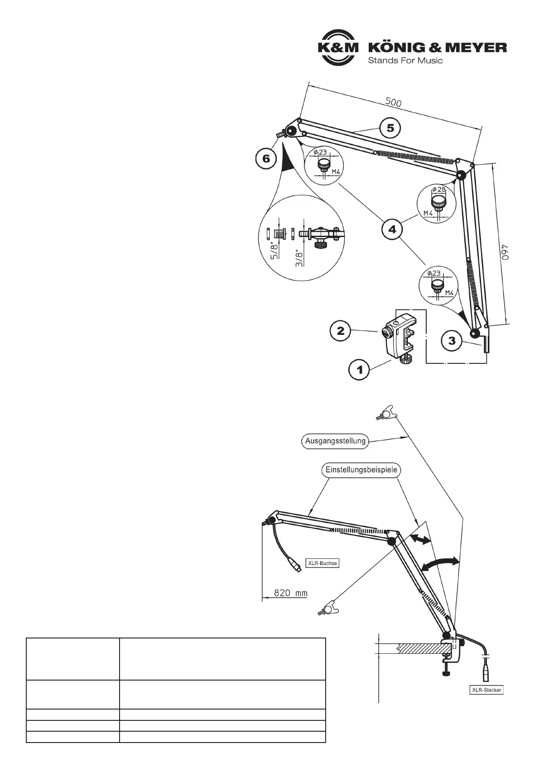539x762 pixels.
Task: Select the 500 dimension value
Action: [393, 103]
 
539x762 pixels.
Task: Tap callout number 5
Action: [390, 129]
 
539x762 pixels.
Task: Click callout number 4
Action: [392, 229]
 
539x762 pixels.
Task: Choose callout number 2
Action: [340, 331]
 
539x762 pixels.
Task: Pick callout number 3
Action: [452, 341]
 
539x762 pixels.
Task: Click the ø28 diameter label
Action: [439, 190]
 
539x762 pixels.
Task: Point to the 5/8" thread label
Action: [273, 250]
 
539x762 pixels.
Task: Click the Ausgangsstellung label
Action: [335, 441]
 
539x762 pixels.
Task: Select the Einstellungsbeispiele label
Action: [361, 470]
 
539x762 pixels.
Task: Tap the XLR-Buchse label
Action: [322, 563]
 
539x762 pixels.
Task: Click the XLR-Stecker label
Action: [485, 690]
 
